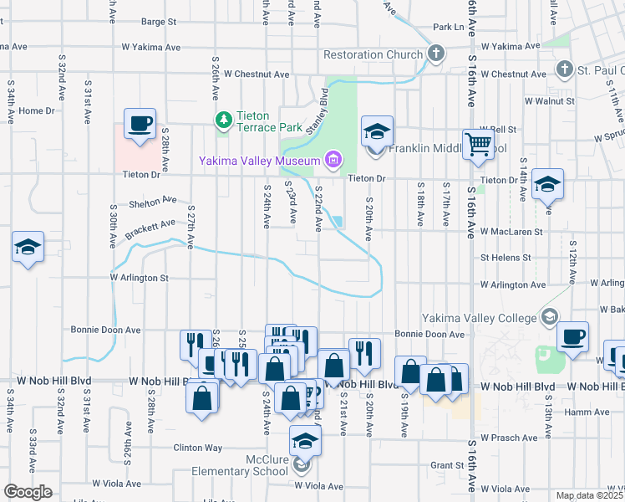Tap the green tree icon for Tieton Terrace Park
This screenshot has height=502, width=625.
tap(223, 120)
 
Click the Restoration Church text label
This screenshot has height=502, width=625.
tap(373, 55)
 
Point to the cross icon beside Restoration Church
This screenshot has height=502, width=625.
tap(435, 54)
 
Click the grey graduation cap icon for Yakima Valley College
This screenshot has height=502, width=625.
tap(549, 316)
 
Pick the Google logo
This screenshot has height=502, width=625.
tap(28, 492)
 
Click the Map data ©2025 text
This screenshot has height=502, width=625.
tap(589, 495)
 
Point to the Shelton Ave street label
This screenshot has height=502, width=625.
tap(153, 201)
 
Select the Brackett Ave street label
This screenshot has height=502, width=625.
tap(150, 228)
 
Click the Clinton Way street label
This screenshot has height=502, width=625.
tap(198, 448)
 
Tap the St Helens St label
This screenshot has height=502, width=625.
tap(506, 258)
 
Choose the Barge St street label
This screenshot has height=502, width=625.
tap(160, 21)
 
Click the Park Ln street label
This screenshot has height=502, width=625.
tap(448, 28)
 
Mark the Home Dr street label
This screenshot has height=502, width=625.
tap(36, 110)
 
